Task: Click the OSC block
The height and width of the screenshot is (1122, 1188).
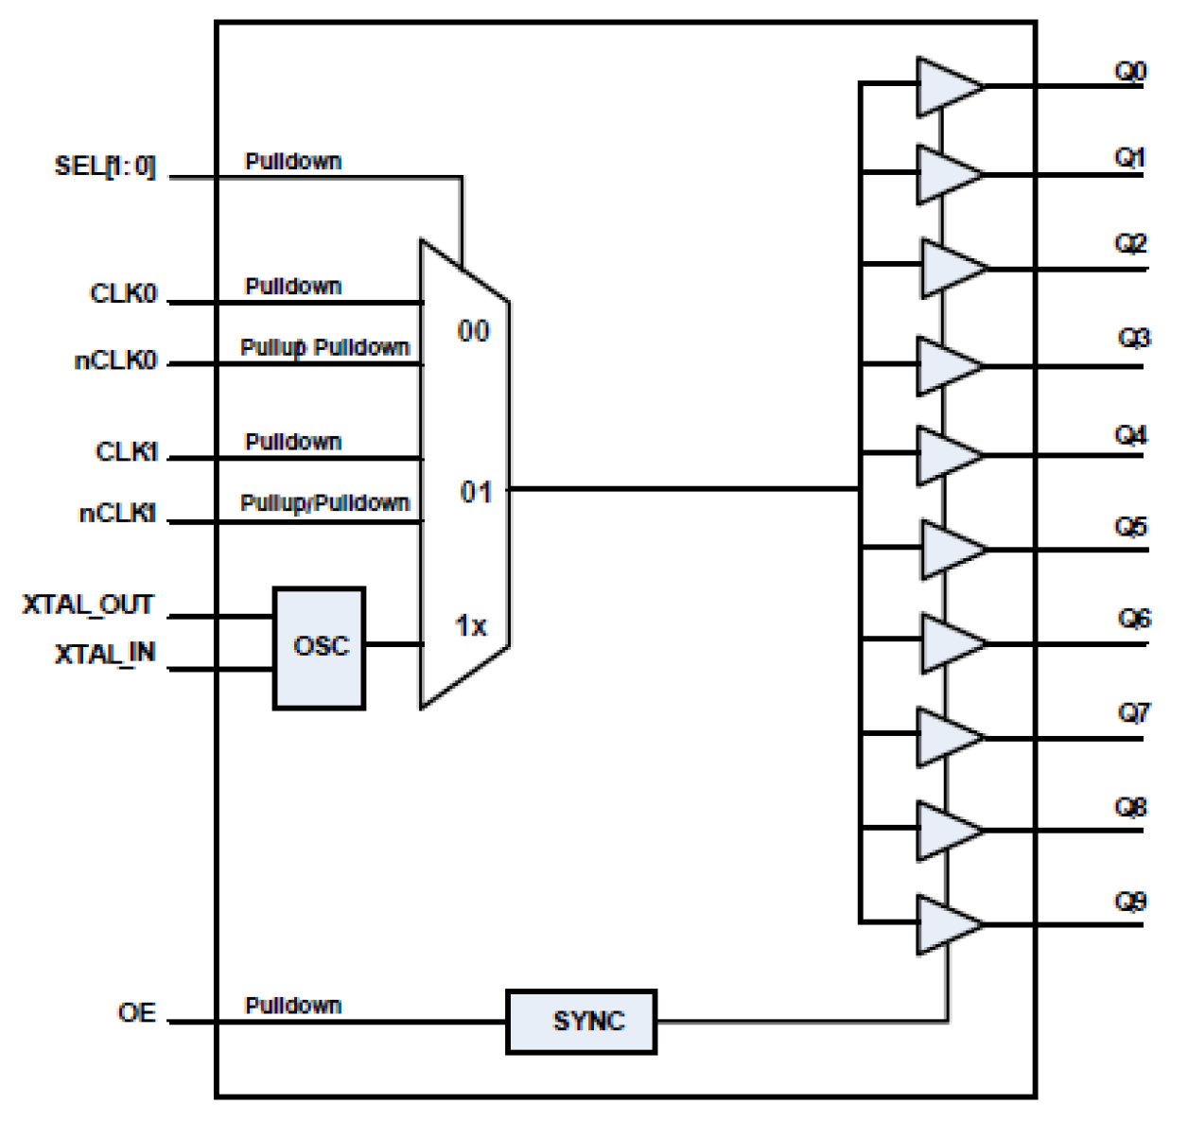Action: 320,648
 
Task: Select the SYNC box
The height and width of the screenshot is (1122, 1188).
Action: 581,1021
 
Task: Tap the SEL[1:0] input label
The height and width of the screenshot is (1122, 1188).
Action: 104,167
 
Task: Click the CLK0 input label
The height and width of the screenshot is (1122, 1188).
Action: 123,293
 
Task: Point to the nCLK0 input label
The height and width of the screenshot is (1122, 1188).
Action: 115,360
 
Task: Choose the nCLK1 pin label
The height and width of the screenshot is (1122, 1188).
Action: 117,514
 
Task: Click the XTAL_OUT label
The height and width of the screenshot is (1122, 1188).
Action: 88,605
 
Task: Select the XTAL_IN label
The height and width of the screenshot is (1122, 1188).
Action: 104,654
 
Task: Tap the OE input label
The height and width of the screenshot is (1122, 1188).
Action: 136,1012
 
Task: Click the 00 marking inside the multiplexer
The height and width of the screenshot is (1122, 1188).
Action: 473,331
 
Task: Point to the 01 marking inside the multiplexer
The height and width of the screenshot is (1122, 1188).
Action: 476,492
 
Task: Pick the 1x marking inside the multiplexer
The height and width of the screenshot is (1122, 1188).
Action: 471,625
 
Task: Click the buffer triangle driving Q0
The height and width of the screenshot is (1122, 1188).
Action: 947,87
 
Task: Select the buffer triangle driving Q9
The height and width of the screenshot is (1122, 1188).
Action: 947,923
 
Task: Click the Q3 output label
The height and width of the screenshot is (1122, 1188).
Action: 1133,338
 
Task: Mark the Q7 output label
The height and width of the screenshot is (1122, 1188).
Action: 1133,711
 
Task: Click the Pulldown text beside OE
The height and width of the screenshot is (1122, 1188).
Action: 293,1005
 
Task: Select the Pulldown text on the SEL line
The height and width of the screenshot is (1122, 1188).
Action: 293,162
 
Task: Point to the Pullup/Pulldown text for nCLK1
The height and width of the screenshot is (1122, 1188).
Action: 324,502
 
